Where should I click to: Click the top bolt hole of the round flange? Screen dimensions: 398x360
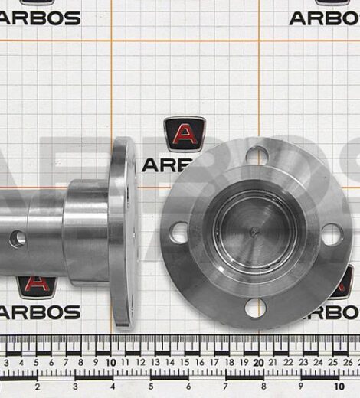(257, 156)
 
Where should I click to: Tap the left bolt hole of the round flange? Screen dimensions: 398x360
(178, 232)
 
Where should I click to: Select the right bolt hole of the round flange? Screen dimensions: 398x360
(332, 234)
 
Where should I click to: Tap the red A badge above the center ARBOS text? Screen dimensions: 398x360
(185, 134)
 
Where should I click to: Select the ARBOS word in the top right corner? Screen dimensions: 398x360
(324, 17)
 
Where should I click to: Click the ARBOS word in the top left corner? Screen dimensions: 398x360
(40, 17)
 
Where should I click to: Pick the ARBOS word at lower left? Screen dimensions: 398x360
(40, 312)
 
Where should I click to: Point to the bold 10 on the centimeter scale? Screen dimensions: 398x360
(111, 361)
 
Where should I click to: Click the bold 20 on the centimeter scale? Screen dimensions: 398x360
(258, 361)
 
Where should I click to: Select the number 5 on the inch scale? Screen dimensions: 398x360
(150, 387)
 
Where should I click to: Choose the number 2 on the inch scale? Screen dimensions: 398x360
(38, 387)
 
